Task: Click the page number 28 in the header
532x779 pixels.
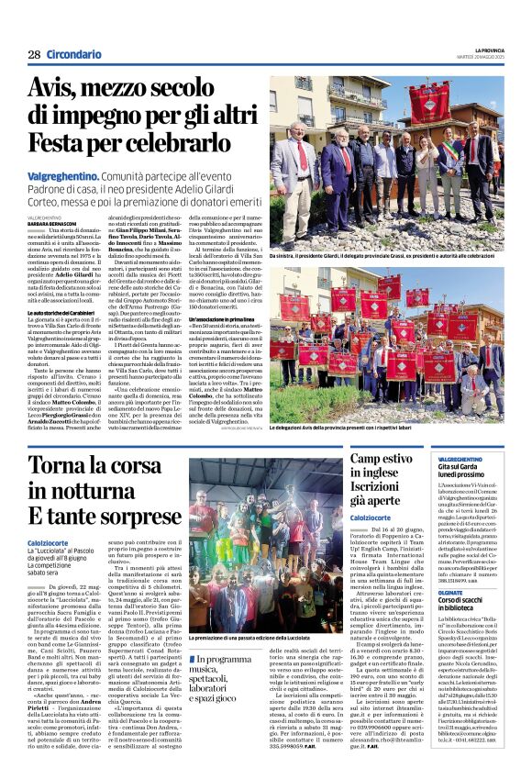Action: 34,56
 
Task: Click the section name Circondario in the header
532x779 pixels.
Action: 73,56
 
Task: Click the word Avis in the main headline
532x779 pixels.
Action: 57,90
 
